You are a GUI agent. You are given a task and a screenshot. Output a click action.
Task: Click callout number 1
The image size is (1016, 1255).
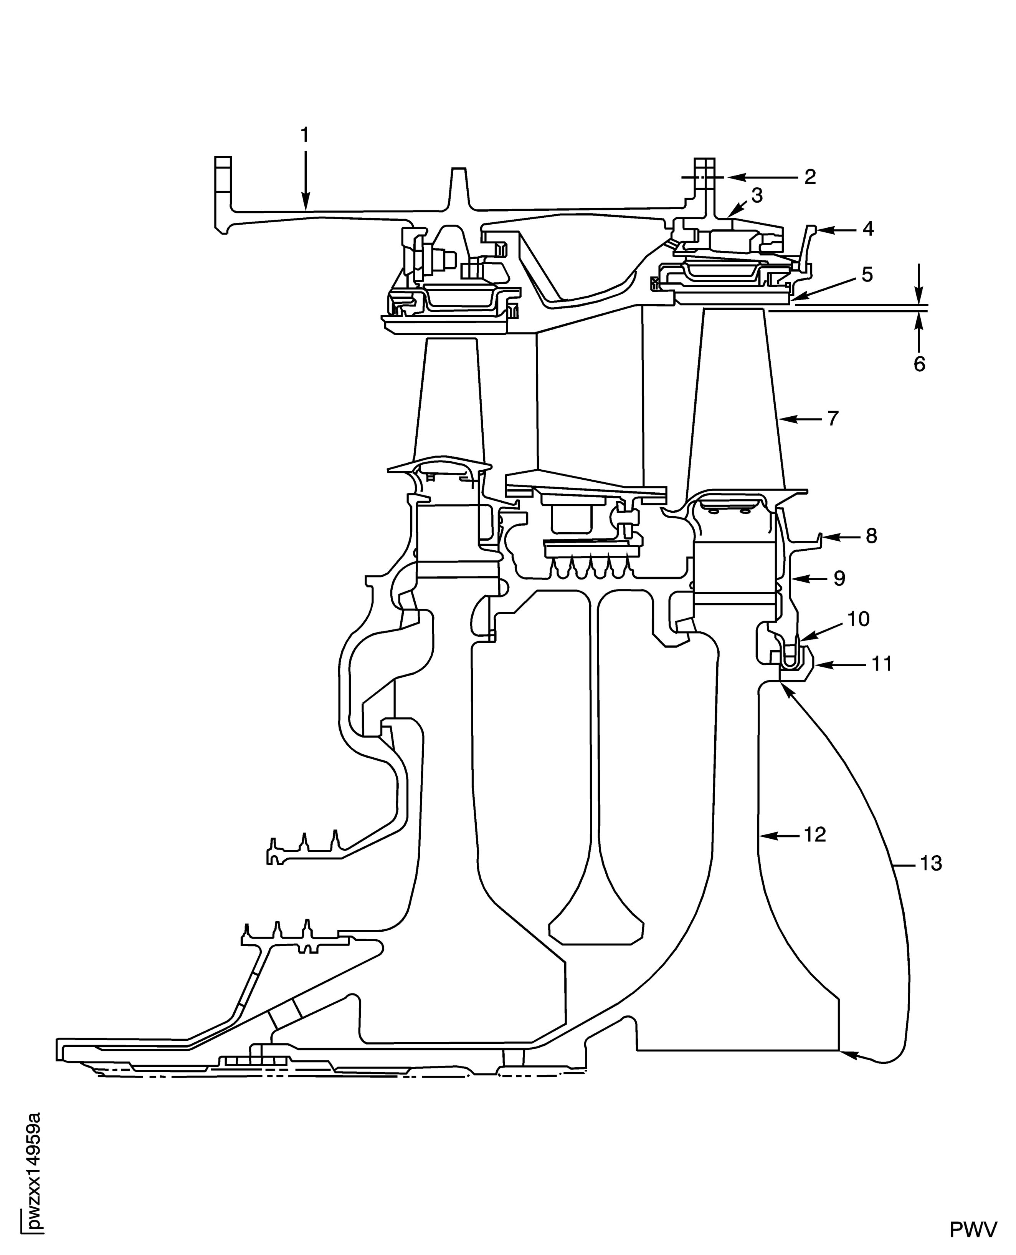304,135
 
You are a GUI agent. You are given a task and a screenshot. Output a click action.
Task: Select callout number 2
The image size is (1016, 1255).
810,177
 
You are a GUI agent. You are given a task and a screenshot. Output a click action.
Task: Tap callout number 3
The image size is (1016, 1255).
757,195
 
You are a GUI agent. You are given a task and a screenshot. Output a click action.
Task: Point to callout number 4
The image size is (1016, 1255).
868,229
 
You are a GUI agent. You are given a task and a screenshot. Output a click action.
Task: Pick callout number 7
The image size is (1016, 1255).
833,418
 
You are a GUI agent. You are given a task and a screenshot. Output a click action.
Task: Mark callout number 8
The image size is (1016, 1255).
871,535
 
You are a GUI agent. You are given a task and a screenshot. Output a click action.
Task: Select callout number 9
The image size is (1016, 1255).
839,579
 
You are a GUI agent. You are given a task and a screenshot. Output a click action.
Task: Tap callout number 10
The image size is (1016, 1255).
859,619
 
